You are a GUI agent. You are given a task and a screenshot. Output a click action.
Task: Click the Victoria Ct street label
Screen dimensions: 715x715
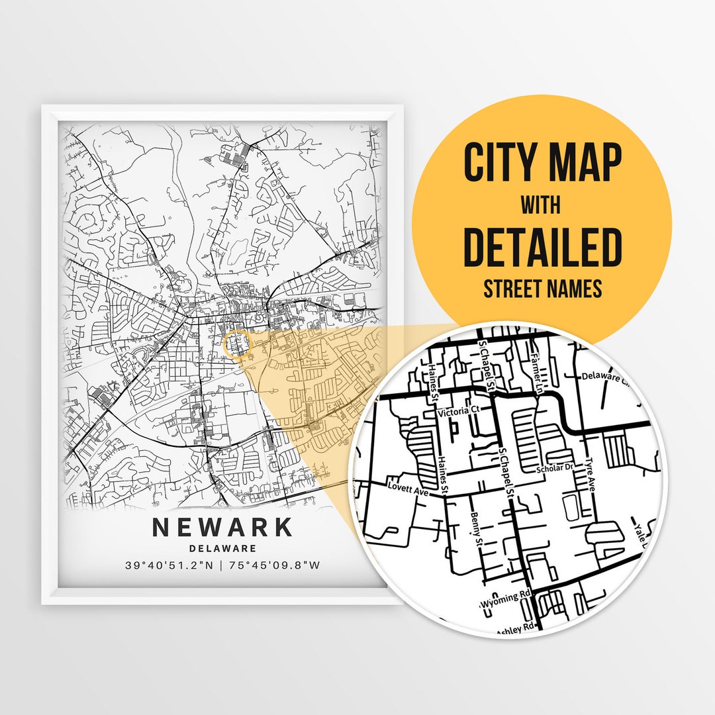pos(458,411)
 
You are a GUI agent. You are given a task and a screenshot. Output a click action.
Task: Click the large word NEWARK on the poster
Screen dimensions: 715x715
pos(222,527)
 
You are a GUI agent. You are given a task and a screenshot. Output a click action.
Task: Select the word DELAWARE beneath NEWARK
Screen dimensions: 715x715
pos(222,548)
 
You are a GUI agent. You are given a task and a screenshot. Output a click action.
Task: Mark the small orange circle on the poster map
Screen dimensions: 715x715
pos(238,344)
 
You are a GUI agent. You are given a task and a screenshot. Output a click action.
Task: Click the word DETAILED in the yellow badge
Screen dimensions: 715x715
pos(542,246)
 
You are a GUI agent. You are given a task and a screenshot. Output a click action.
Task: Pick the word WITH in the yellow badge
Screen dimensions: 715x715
pos(540,205)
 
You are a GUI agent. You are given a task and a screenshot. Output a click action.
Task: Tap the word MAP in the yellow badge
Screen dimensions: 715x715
pos(580,162)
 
